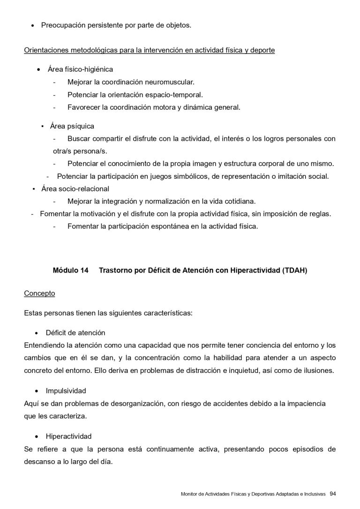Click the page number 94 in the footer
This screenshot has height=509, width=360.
click(x=333, y=493)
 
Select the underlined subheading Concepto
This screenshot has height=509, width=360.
click(x=39, y=294)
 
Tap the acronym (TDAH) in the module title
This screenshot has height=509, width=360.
click(x=295, y=271)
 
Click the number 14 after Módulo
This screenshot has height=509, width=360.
click(x=84, y=271)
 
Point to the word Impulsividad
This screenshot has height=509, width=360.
click(x=66, y=391)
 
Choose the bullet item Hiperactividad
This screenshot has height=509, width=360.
click(x=68, y=436)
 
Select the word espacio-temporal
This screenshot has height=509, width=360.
click(x=176, y=95)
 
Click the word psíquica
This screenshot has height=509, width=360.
click(x=82, y=126)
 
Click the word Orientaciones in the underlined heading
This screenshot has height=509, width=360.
click(x=46, y=50)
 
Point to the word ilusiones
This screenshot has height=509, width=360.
click(x=317, y=371)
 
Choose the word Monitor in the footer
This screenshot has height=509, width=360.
click(x=189, y=494)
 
